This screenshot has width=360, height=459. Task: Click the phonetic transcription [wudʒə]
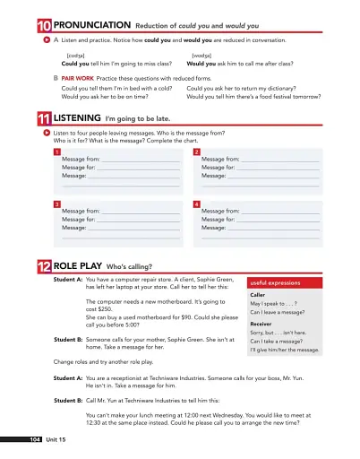(202, 56)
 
